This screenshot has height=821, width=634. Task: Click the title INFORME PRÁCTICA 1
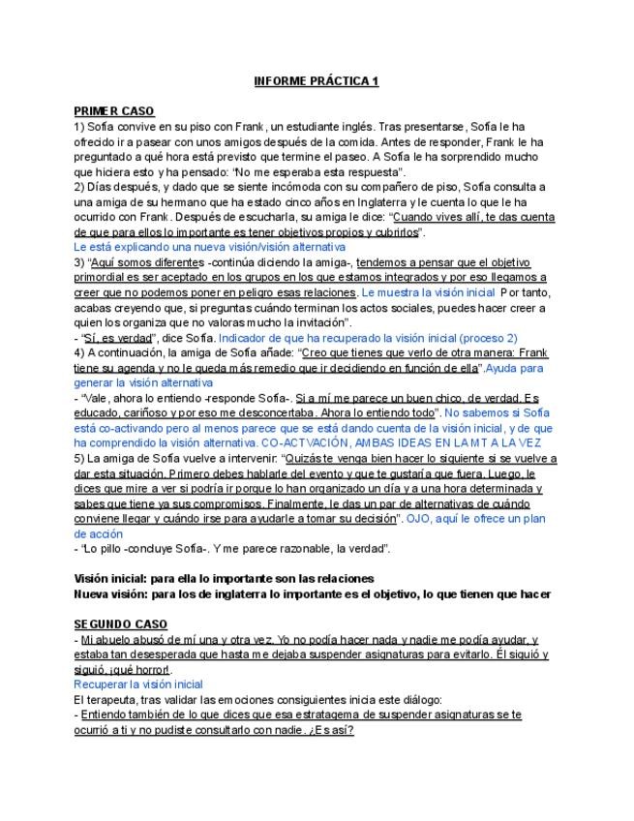point(316,81)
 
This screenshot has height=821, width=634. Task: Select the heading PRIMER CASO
point(113,111)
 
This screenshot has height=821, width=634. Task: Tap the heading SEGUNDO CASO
point(120,624)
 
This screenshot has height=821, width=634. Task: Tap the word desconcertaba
point(308,412)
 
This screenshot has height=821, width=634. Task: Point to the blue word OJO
point(420,518)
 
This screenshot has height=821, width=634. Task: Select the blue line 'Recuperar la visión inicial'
point(137,684)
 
